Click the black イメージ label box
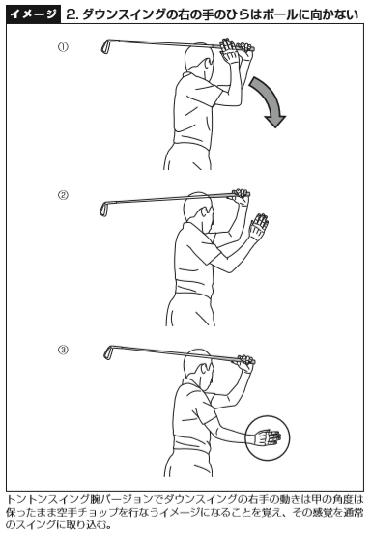click(x=34, y=14)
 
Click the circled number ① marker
click(x=63, y=47)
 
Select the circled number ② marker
click(x=63, y=195)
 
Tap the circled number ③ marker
click(x=63, y=350)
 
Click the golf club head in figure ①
click(x=105, y=46)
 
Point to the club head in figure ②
click(x=104, y=209)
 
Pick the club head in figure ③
click(x=108, y=352)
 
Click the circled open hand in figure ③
click(x=269, y=437)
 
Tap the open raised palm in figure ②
click(x=259, y=225)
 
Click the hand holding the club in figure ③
click(x=244, y=363)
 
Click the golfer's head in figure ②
click(x=199, y=211)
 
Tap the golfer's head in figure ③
click(x=199, y=368)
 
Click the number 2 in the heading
click(x=71, y=14)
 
